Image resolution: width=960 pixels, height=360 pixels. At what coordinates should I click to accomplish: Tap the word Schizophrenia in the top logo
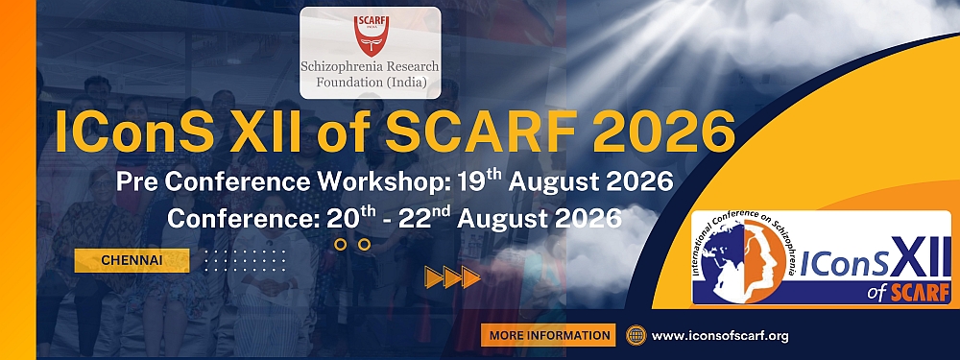coord(356,67)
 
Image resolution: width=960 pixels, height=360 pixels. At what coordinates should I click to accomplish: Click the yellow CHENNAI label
coord(132,260)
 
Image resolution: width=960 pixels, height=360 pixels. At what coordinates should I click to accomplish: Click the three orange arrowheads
coord(452,277)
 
